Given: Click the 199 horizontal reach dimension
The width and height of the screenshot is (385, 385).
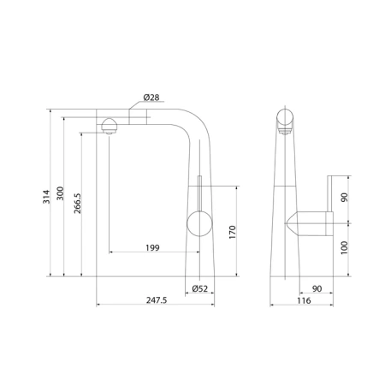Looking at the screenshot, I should (152, 248).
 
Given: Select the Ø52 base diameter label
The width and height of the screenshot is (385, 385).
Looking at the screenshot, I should (200, 288).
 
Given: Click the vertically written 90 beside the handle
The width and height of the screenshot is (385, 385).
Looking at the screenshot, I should (345, 198).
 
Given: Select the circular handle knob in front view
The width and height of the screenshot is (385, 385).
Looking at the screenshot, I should (198, 226).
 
